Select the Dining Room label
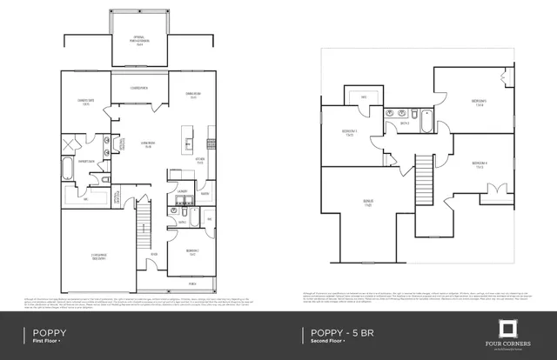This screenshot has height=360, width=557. tap(191, 96)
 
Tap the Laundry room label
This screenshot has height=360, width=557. tap(183, 190)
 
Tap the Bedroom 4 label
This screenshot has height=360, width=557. tap(479, 163)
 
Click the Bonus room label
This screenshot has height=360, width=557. tap(368, 203)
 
